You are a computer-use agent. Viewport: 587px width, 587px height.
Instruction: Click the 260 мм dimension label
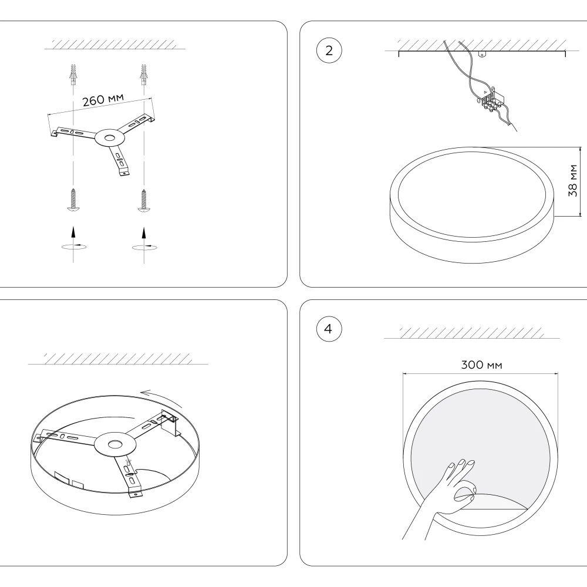tap(103, 100)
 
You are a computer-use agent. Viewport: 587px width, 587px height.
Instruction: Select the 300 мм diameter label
tap(481, 365)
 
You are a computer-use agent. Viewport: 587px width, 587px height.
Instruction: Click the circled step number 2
tap(328, 50)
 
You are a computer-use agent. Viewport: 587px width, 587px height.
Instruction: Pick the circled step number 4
tap(328, 329)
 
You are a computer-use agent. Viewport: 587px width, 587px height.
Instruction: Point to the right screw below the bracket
tap(143, 200)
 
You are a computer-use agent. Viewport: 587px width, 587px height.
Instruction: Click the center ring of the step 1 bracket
tap(107, 139)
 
